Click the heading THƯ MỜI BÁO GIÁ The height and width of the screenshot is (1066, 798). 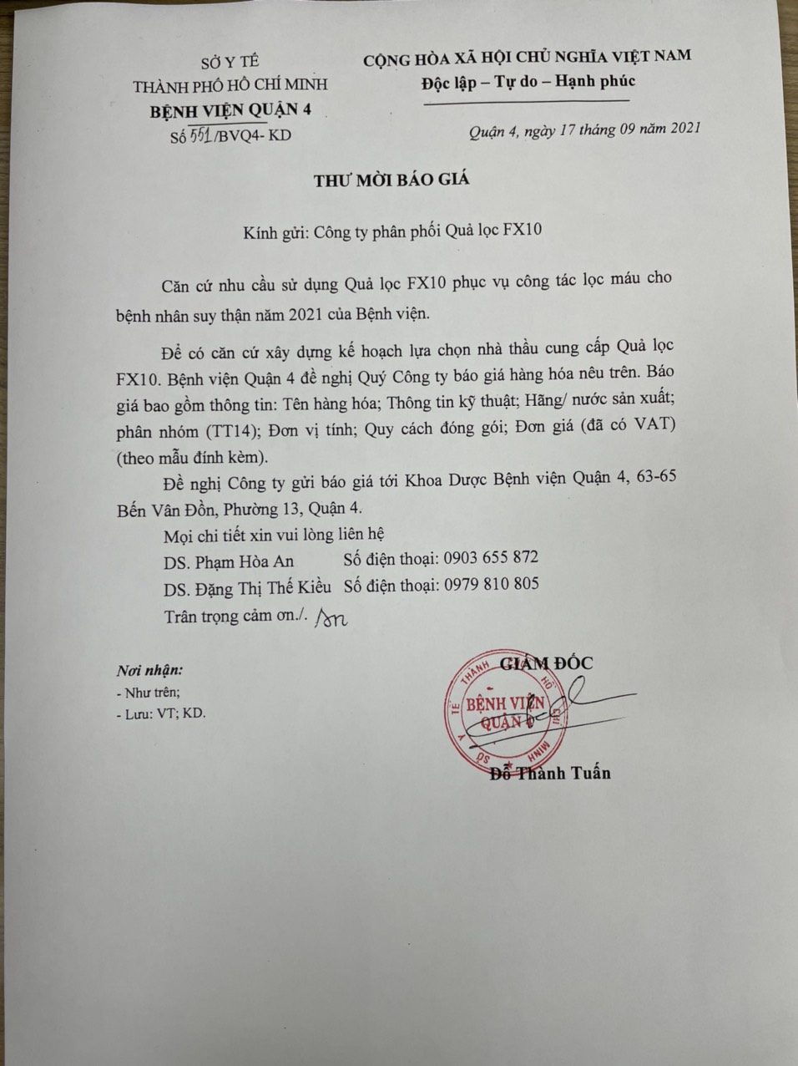click(391, 180)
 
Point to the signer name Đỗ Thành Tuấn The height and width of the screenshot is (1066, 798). click(550, 773)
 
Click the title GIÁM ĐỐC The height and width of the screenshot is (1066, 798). click(547, 663)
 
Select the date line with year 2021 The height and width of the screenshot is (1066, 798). click(583, 129)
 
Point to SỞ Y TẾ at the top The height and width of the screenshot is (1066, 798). click(230, 61)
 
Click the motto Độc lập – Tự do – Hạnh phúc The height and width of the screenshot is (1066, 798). click(528, 81)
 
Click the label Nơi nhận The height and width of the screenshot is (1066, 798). click(149, 670)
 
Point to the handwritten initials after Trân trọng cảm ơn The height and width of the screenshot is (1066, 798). click(332, 617)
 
